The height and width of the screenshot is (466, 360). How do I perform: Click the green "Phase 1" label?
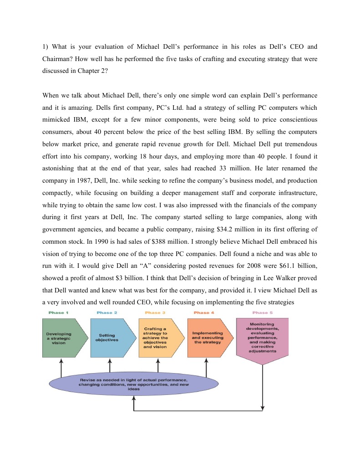[58, 312]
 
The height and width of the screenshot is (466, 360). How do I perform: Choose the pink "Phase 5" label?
[260, 312]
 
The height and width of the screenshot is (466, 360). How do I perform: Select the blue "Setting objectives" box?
[107, 338]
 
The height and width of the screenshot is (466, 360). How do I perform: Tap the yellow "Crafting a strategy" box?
[156, 338]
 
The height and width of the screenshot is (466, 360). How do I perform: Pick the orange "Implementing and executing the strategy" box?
[208, 338]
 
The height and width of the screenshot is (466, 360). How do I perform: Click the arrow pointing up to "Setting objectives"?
[110, 365]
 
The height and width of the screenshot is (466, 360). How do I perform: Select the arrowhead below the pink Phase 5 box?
[263, 407]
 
